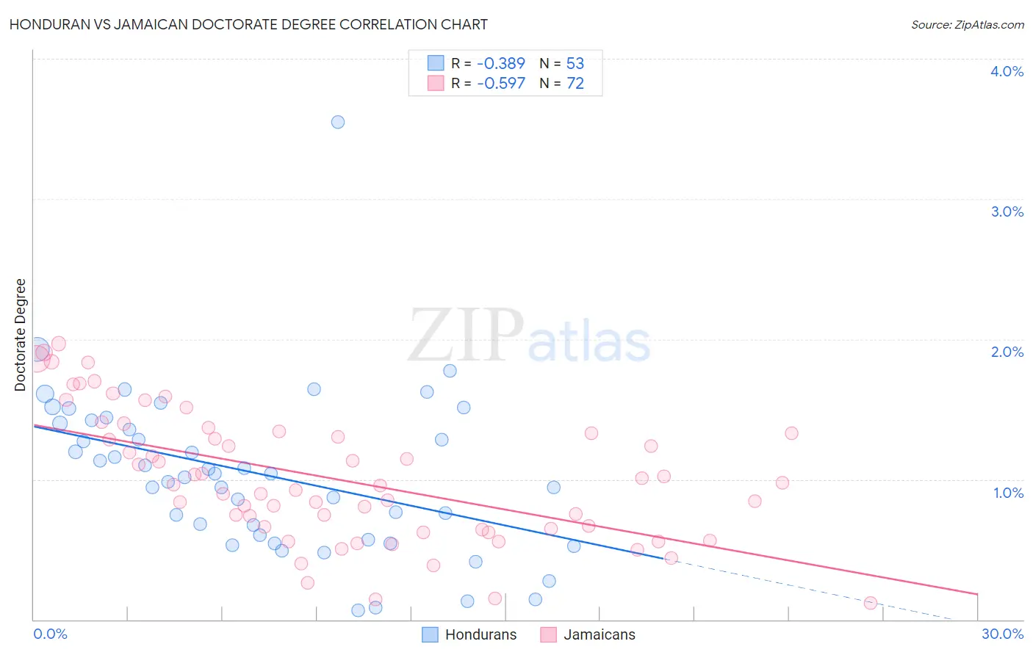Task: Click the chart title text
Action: [x=248, y=24]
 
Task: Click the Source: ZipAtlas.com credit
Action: [x=967, y=24]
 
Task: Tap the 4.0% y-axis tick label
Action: [x=1007, y=71]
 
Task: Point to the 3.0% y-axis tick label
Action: [x=1007, y=211]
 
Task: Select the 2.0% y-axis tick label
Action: [x=1007, y=352]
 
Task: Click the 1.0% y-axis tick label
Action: [x=1008, y=493]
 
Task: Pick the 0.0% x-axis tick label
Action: [x=50, y=634]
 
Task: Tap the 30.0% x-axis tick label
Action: [x=1002, y=634]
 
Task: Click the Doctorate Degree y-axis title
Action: [x=21, y=335]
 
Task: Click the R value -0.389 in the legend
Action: [x=501, y=63]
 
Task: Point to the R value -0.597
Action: [x=501, y=83]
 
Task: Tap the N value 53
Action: [x=575, y=63]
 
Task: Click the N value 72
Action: [x=575, y=83]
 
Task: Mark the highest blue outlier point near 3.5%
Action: [x=338, y=122]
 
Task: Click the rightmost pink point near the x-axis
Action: [x=871, y=603]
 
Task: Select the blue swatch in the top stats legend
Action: [x=436, y=63]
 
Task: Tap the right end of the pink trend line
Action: [x=977, y=593]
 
